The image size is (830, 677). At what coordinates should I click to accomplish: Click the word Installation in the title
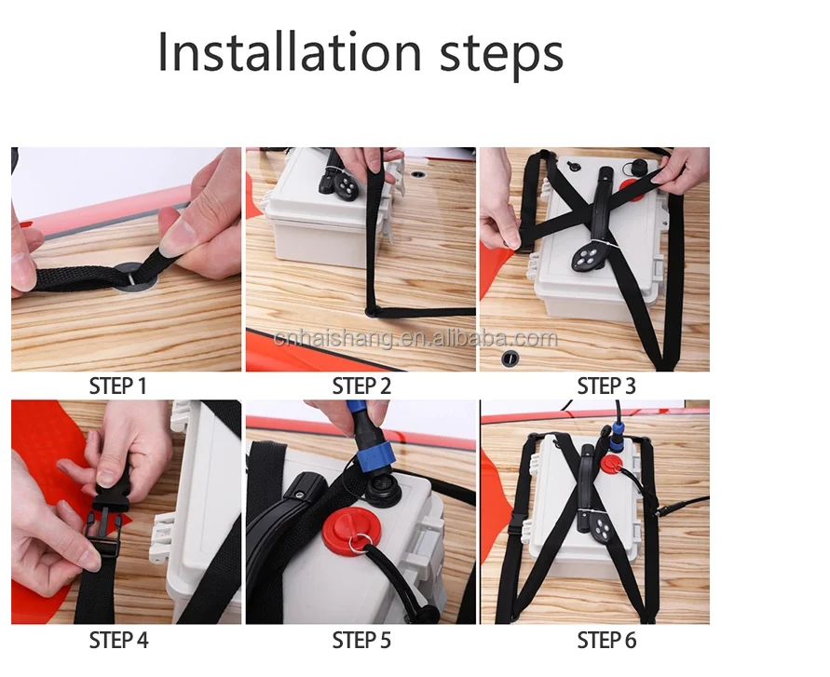pyautogui.click(x=289, y=51)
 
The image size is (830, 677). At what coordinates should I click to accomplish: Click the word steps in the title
pyautogui.click(x=502, y=55)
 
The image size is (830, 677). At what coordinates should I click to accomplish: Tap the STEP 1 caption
pyautogui.click(x=117, y=386)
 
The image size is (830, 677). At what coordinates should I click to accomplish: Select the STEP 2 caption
pyautogui.click(x=361, y=386)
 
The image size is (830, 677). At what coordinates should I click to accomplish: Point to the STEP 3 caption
pyautogui.click(x=606, y=386)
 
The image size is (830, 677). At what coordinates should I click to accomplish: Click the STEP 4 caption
pyautogui.click(x=118, y=641)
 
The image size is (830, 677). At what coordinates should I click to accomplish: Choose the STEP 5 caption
pyautogui.click(x=361, y=641)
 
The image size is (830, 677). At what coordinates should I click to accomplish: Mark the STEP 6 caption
pyautogui.click(x=606, y=641)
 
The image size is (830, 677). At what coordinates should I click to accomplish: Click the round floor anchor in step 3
pyautogui.click(x=510, y=359)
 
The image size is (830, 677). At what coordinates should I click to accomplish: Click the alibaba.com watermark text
pyautogui.click(x=415, y=338)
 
